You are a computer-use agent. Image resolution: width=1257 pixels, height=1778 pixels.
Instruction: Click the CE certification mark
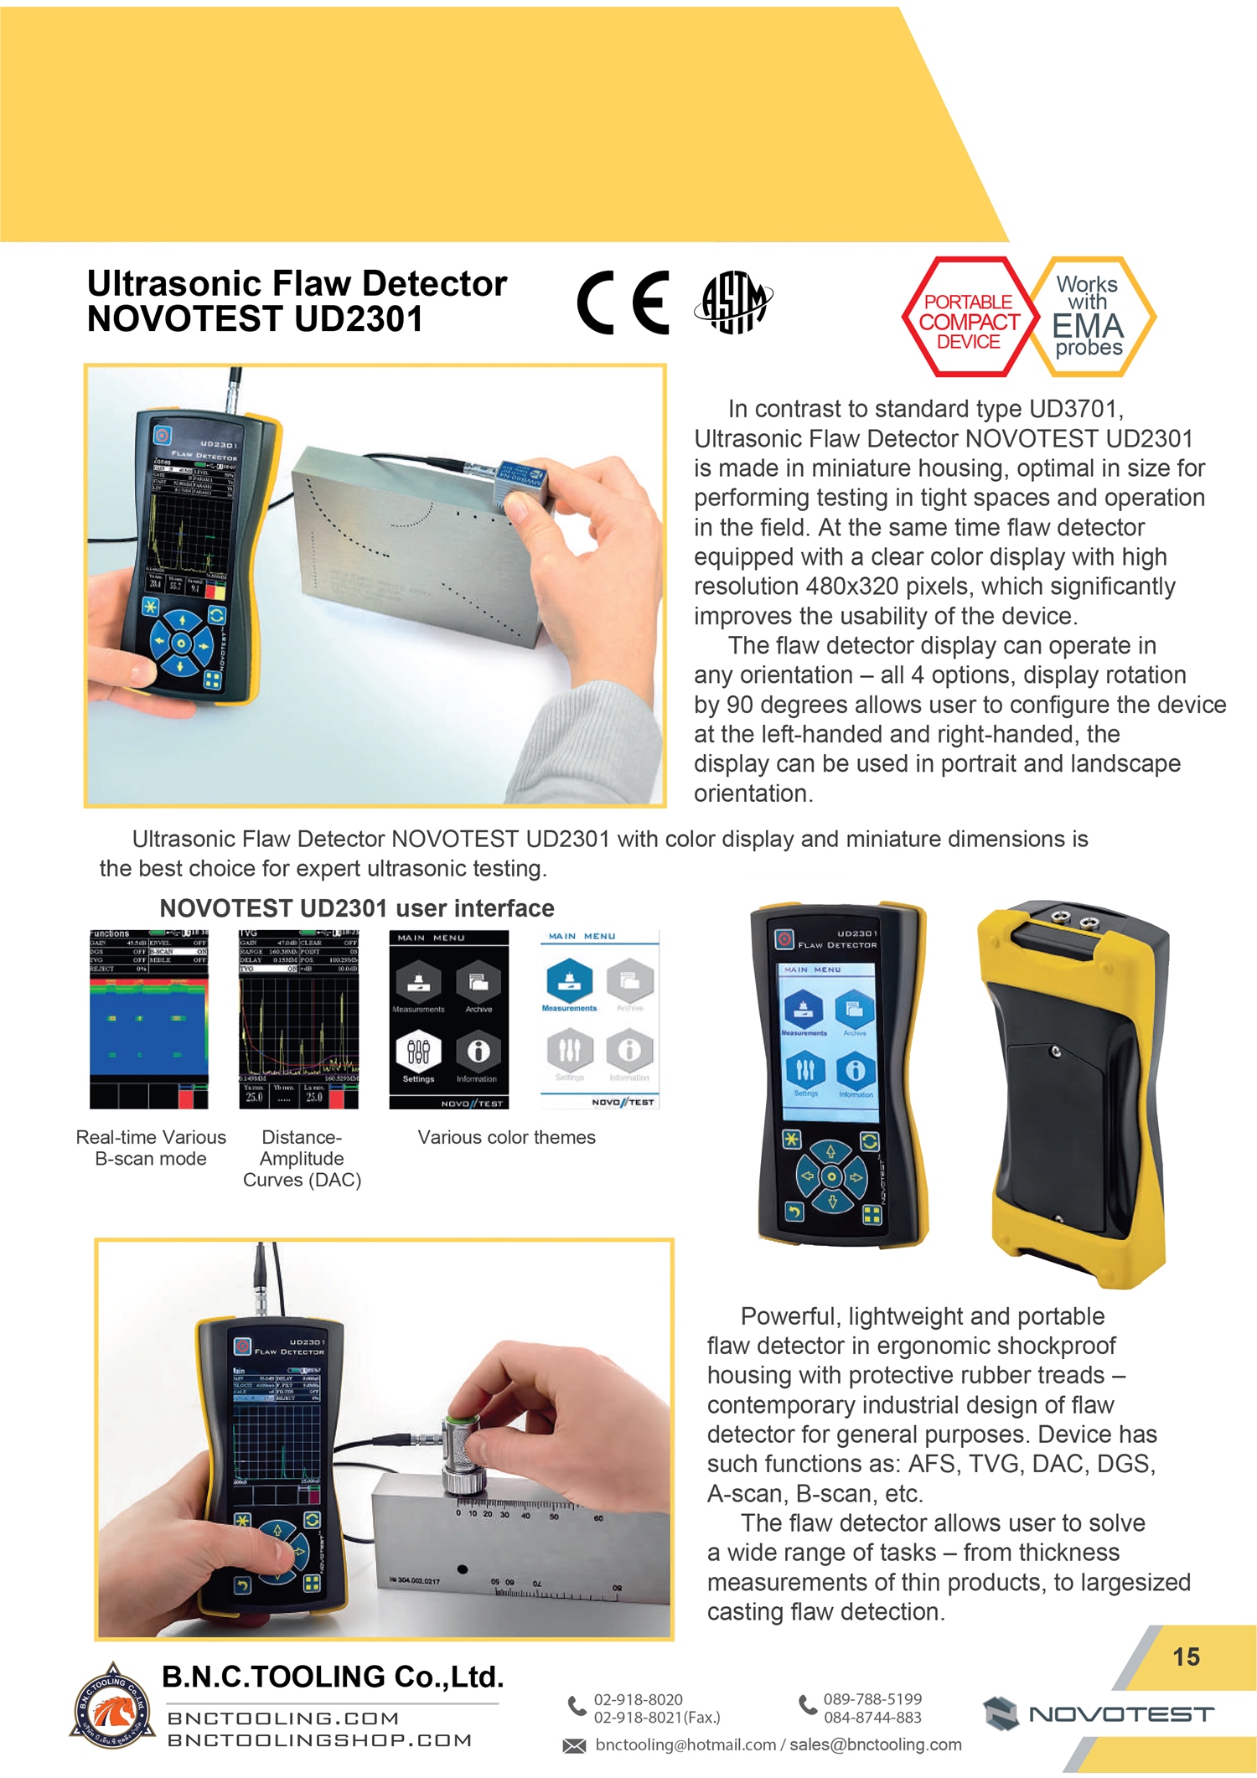pyautogui.click(x=623, y=302)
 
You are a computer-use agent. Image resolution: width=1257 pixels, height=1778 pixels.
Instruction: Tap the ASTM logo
pyautogui.click(x=733, y=302)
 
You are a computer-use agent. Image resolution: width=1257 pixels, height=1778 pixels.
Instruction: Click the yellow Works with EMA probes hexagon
pyautogui.click(x=1089, y=317)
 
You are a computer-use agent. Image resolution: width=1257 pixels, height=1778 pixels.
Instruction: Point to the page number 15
pyautogui.click(x=1186, y=1657)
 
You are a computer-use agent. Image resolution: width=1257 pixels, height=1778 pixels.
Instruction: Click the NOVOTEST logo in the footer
pyautogui.click(x=1098, y=1713)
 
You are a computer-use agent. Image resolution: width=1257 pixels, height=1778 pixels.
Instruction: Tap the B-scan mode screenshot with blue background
pyautogui.click(x=148, y=1019)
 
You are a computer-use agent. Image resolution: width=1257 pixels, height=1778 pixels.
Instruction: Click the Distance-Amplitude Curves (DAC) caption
pyautogui.click(x=302, y=1159)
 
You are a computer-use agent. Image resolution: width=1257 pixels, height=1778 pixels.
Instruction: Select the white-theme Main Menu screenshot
pyautogui.click(x=599, y=1019)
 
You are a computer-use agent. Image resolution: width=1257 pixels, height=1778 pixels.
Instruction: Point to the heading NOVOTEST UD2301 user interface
pyautogui.click(x=356, y=908)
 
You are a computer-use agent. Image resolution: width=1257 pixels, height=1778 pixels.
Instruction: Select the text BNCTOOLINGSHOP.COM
pyautogui.click(x=319, y=1740)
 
